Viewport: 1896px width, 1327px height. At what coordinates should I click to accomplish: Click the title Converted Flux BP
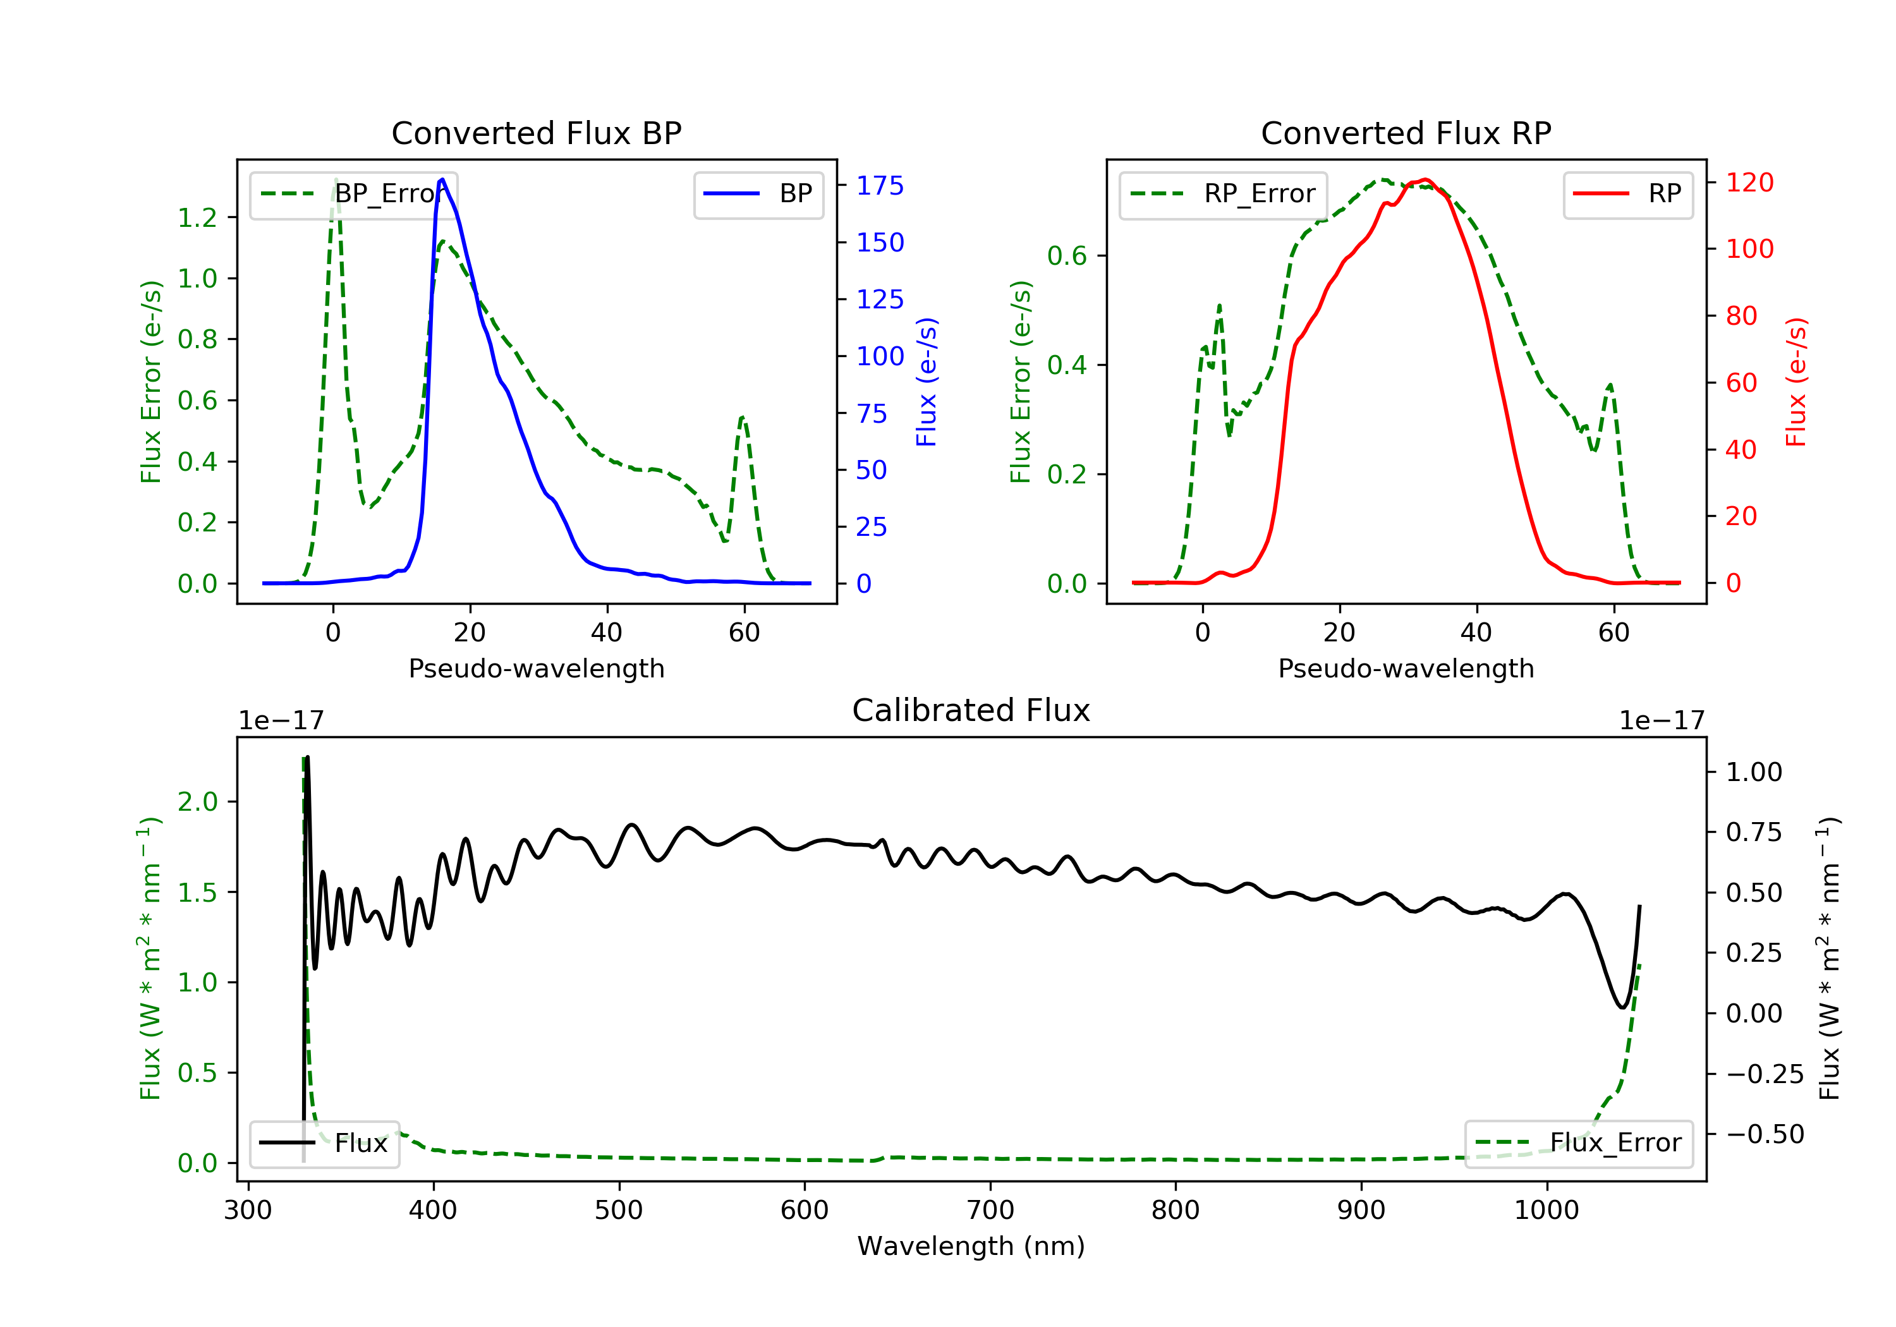pyautogui.click(x=536, y=133)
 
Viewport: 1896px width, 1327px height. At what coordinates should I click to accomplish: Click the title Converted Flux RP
pyautogui.click(x=1406, y=133)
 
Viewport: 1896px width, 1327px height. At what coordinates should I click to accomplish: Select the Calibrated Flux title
pyautogui.click(x=971, y=710)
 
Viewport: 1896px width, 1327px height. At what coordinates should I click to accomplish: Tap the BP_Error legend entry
pyautogui.click(x=353, y=195)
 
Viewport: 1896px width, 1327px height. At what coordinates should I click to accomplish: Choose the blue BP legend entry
pyautogui.click(x=758, y=195)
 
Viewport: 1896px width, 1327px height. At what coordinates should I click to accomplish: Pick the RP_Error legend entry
pyautogui.click(x=1222, y=195)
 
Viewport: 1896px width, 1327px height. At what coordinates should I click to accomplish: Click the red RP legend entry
pyautogui.click(x=1627, y=195)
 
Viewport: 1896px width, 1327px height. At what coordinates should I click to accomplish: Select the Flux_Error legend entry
pyautogui.click(x=1578, y=1144)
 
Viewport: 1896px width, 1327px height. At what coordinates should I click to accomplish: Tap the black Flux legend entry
pyautogui.click(x=324, y=1144)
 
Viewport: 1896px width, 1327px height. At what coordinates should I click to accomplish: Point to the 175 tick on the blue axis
pyautogui.click(x=880, y=186)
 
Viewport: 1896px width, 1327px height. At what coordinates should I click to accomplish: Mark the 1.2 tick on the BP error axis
pyautogui.click(x=197, y=218)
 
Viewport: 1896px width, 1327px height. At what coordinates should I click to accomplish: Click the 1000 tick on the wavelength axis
pyautogui.click(x=1547, y=1211)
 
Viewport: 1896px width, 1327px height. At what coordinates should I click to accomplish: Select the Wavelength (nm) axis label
pyautogui.click(x=971, y=1246)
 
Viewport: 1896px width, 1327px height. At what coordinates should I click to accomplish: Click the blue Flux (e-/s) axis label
pyautogui.click(x=927, y=382)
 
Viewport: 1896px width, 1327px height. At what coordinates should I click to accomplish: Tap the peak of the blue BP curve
pyautogui.click(x=442, y=179)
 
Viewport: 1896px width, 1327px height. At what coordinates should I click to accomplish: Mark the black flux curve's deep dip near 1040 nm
pyautogui.click(x=1622, y=1007)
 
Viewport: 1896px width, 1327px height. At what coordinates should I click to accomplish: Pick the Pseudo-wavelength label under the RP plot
pyautogui.click(x=1406, y=669)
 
